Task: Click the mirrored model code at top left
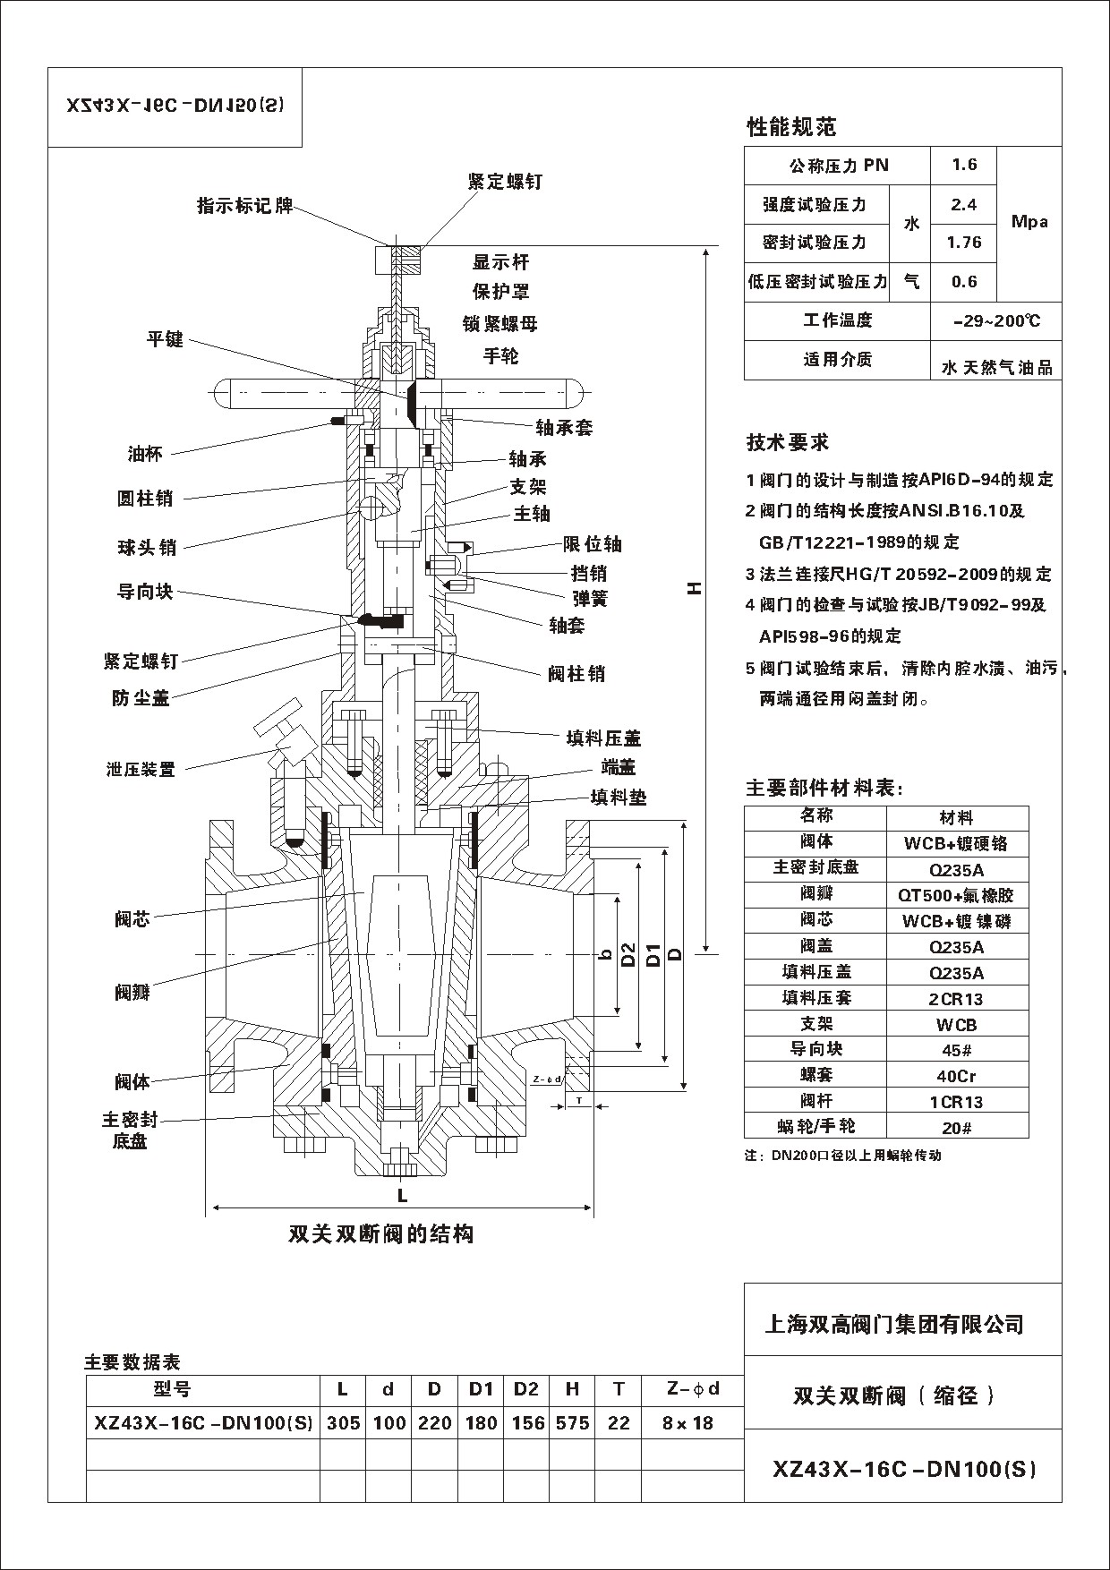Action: tap(175, 105)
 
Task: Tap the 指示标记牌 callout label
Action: tap(245, 206)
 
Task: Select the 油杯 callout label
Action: tap(145, 454)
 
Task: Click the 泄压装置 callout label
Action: tap(141, 769)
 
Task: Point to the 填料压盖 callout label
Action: tap(603, 738)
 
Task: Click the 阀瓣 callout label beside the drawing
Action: tap(132, 992)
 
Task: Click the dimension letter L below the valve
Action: tap(403, 1195)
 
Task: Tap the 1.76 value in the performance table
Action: tap(964, 243)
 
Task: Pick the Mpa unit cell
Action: tap(1029, 222)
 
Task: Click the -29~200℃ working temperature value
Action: tap(996, 320)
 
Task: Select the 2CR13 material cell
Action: tap(957, 999)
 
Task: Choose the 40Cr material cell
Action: tap(957, 1076)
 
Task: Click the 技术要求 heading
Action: tap(788, 442)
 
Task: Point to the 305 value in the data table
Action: tap(343, 1422)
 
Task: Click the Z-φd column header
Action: tap(693, 1389)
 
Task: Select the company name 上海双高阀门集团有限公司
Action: tap(893, 1324)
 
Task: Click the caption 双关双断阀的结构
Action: tap(380, 1234)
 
